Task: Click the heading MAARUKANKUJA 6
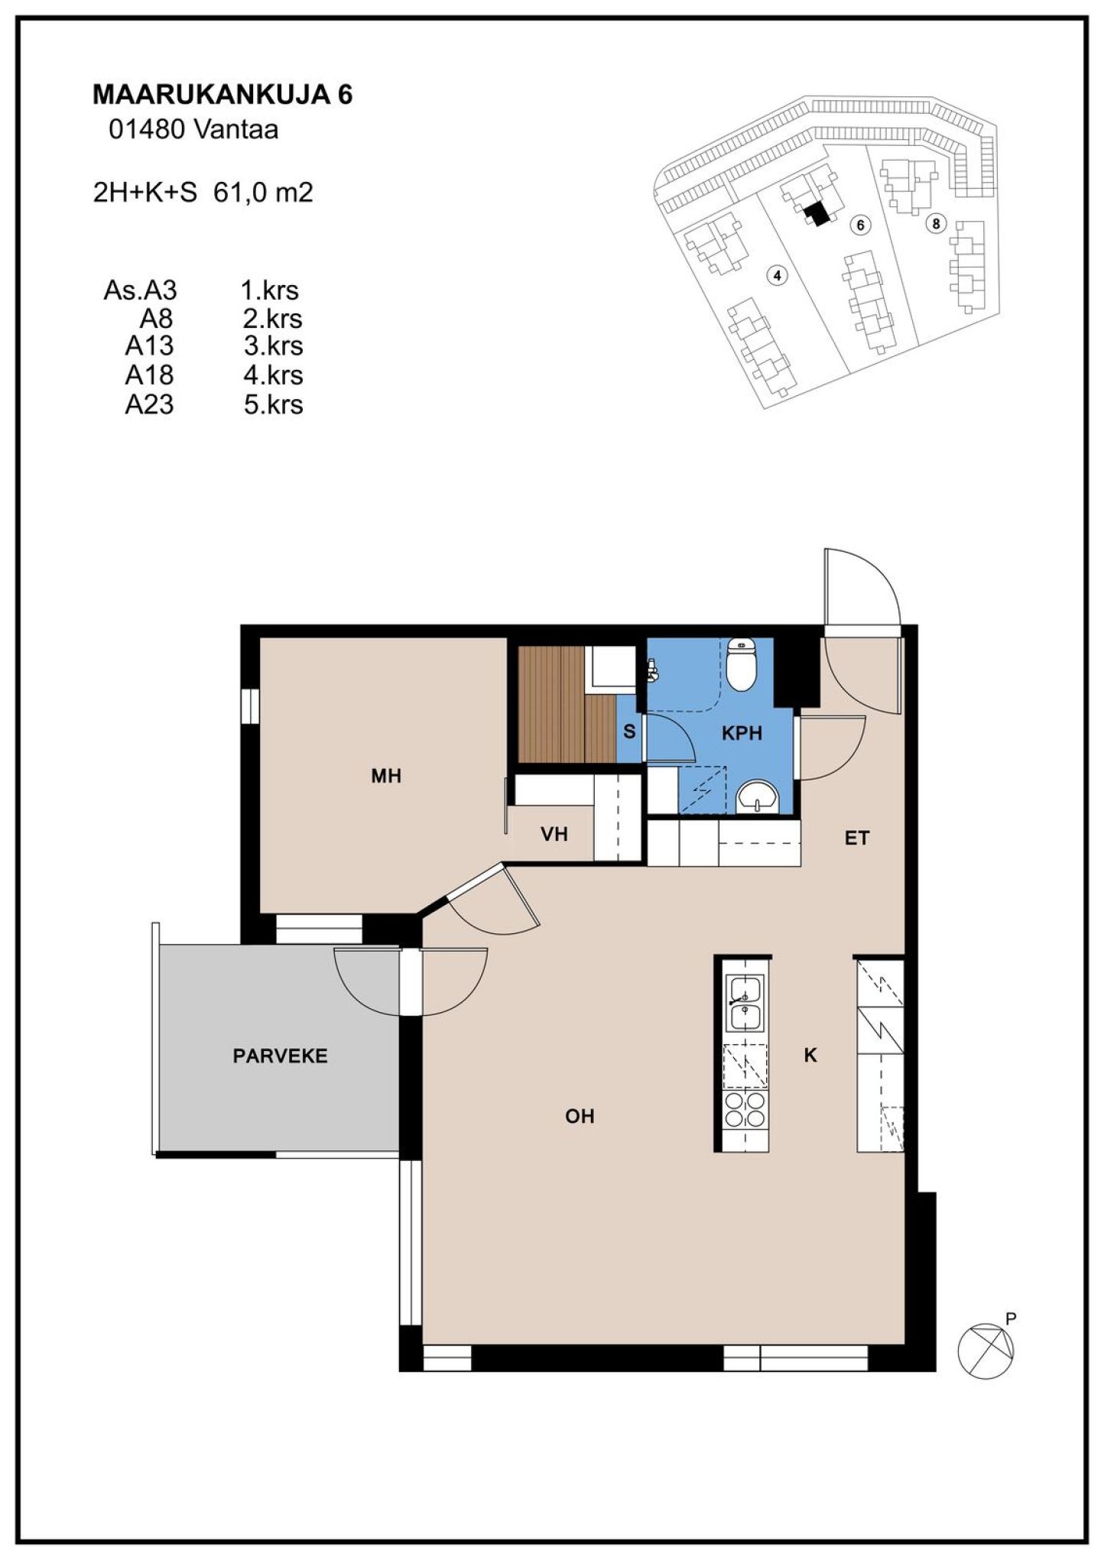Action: (x=222, y=94)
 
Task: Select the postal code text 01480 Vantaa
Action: (x=193, y=130)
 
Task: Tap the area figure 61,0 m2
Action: (x=264, y=193)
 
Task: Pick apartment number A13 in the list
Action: (x=150, y=346)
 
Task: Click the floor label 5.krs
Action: (x=273, y=404)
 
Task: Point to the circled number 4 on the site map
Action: (x=777, y=275)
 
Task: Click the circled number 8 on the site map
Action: (x=934, y=223)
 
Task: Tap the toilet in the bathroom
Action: (x=741, y=664)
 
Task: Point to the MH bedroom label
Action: (x=386, y=777)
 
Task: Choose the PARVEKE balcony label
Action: (x=280, y=1056)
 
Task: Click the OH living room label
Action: (x=580, y=1117)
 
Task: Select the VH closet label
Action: (x=554, y=834)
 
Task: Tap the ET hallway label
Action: (x=857, y=839)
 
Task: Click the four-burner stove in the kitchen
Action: (x=745, y=1110)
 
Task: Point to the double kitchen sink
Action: (x=745, y=1003)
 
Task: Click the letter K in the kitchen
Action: (x=810, y=1056)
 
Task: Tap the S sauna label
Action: (x=629, y=731)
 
